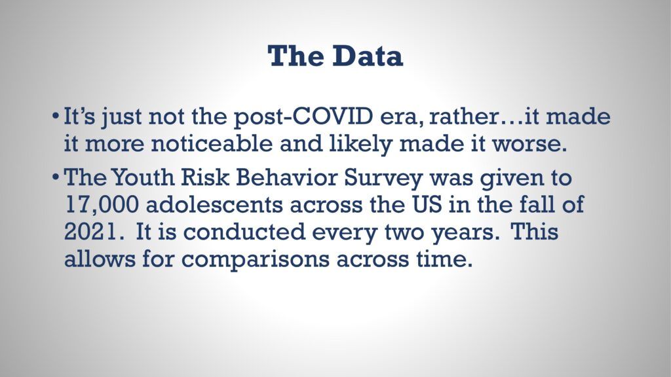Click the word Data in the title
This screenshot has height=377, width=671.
click(368, 56)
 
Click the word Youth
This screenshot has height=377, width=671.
click(143, 178)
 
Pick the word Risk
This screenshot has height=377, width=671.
click(204, 178)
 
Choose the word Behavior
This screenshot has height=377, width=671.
click(286, 178)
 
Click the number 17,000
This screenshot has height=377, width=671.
click(102, 206)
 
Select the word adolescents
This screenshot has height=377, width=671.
click(214, 205)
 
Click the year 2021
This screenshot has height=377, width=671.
click(90, 232)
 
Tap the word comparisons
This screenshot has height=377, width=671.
click(255, 260)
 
